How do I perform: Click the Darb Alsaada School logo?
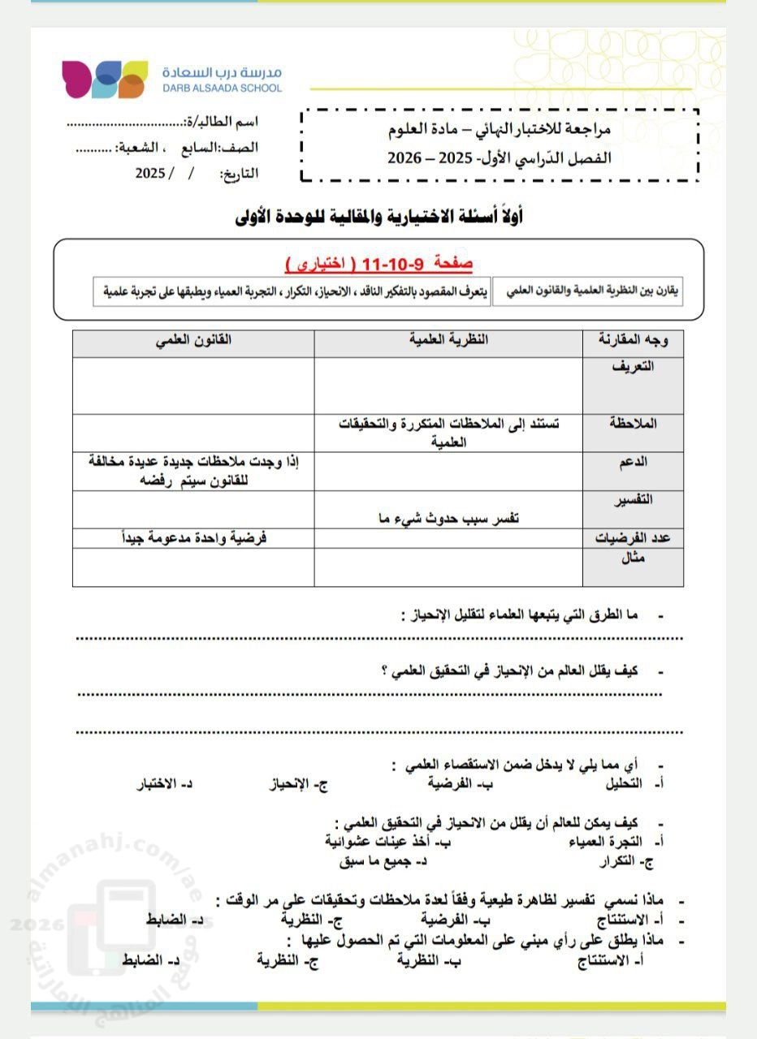click(105, 79)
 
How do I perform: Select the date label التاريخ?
click(239, 174)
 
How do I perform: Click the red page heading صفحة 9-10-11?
click(378, 264)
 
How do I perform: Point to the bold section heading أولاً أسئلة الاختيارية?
click(378, 217)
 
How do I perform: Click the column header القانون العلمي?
click(193, 341)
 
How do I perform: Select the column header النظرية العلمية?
click(448, 341)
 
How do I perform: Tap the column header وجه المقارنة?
click(633, 342)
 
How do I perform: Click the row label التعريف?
click(633, 366)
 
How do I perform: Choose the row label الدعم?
click(634, 461)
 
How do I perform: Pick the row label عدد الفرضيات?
click(633, 538)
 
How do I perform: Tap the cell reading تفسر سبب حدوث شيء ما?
click(443, 519)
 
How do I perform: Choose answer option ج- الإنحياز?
click(303, 785)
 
